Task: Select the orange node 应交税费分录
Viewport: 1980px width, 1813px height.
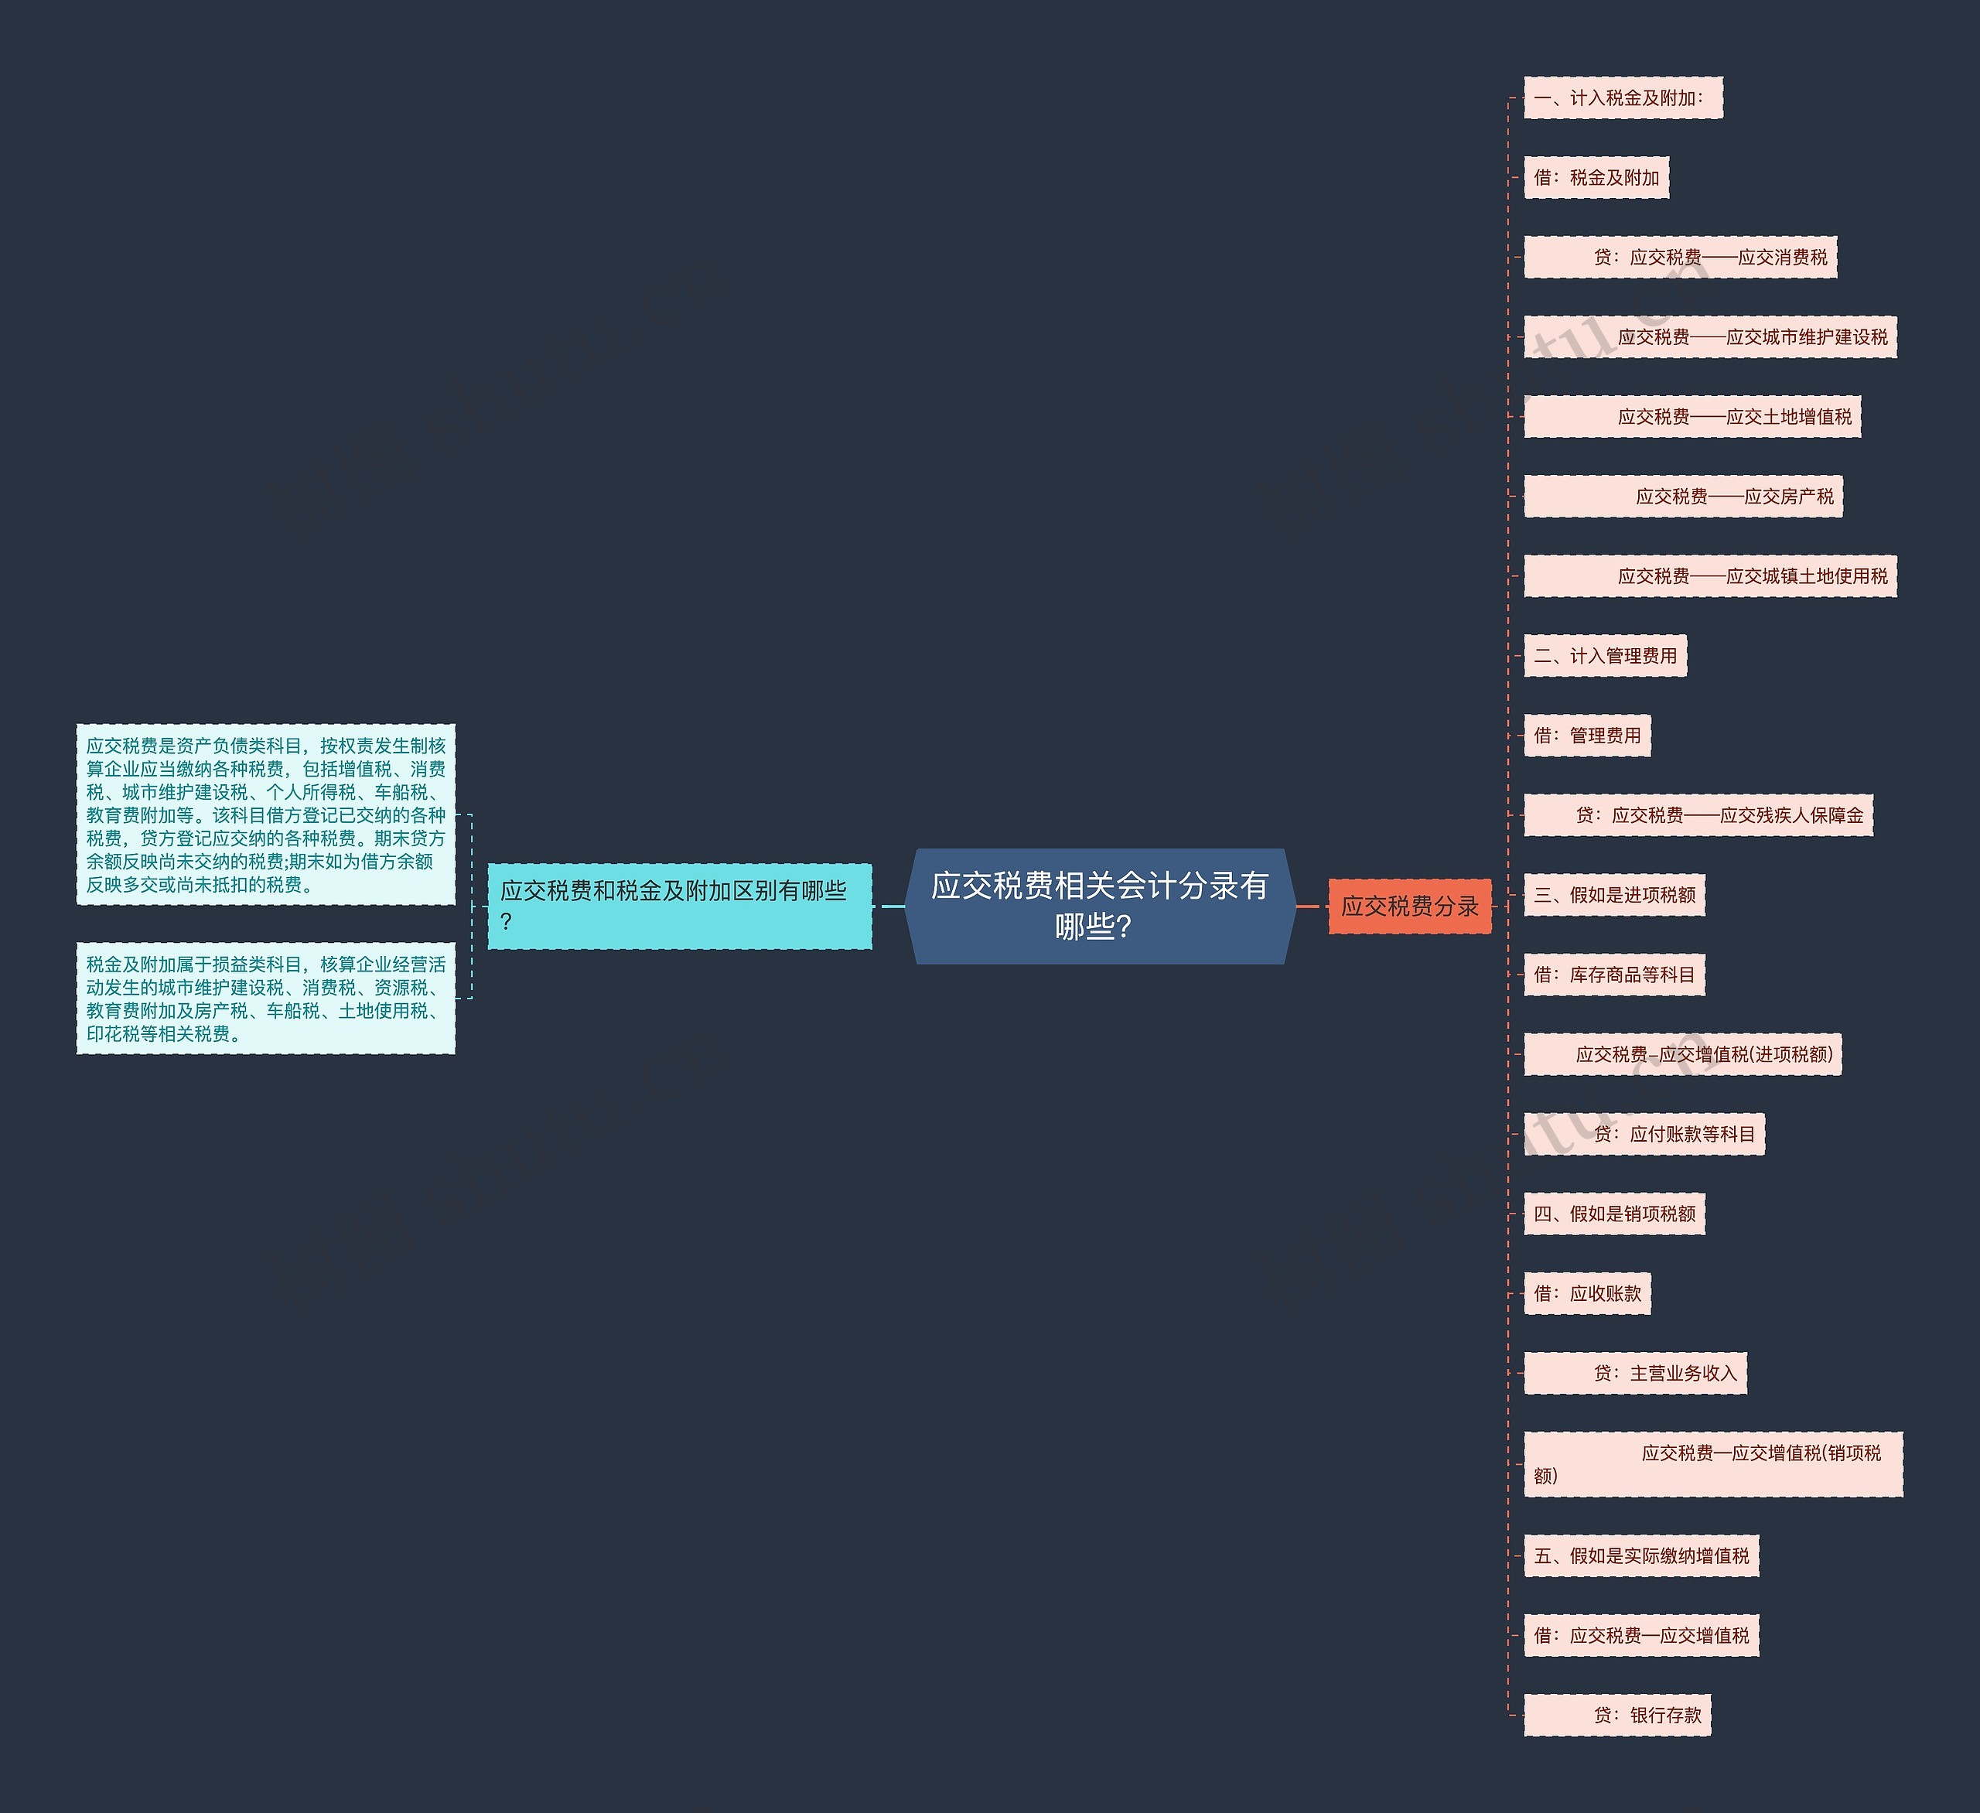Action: coord(1409,906)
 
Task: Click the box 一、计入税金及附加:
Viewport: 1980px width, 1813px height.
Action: coord(1623,98)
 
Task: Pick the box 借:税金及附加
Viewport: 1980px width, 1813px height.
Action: coord(1596,178)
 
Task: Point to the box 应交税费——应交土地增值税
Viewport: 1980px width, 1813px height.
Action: coord(1692,416)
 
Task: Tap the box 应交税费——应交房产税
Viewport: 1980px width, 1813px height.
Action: coord(1682,496)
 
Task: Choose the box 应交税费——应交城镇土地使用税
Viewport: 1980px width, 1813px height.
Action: coord(1710,575)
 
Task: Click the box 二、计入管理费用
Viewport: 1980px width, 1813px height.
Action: coord(1605,656)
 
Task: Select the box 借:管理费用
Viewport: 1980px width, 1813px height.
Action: coord(1587,736)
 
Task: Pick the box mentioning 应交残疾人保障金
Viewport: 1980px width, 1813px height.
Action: coord(1698,815)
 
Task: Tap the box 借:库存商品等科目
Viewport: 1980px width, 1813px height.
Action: coord(1613,975)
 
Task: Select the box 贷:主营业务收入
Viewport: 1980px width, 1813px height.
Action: coord(1635,1373)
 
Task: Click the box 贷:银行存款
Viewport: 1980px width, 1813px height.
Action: coord(1616,1715)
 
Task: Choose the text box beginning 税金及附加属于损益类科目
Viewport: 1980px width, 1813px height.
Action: coord(266,999)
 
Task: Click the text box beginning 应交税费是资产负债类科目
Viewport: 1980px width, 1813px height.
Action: coord(266,814)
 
